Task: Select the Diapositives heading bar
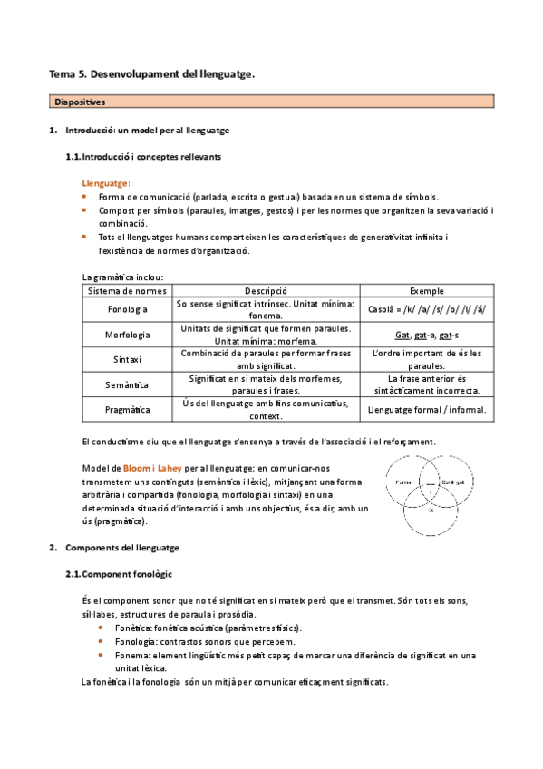pos(271,102)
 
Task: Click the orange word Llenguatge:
pos(106,182)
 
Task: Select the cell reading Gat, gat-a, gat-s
pos(427,334)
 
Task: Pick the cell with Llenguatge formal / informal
pos(427,410)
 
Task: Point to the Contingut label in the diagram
pos(440,482)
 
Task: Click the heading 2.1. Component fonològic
pos(119,574)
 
